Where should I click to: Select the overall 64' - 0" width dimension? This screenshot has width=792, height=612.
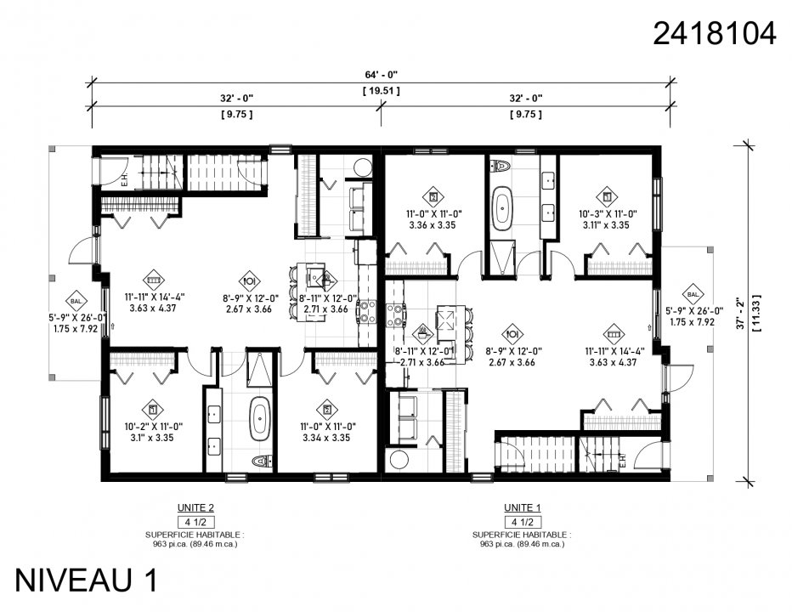[x=381, y=73]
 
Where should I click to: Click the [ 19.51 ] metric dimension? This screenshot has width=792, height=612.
[x=381, y=89]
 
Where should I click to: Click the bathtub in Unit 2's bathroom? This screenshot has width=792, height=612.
[x=258, y=419]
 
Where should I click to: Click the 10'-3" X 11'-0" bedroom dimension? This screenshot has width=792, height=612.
[x=608, y=214]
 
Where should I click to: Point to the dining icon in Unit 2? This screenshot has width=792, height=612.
[x=250, y=280]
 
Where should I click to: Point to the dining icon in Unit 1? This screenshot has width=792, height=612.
[x=512, y=333]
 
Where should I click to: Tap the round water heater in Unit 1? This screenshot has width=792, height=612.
[x=396, y=460]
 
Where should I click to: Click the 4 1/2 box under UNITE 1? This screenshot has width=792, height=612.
[x=522, y=521]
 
